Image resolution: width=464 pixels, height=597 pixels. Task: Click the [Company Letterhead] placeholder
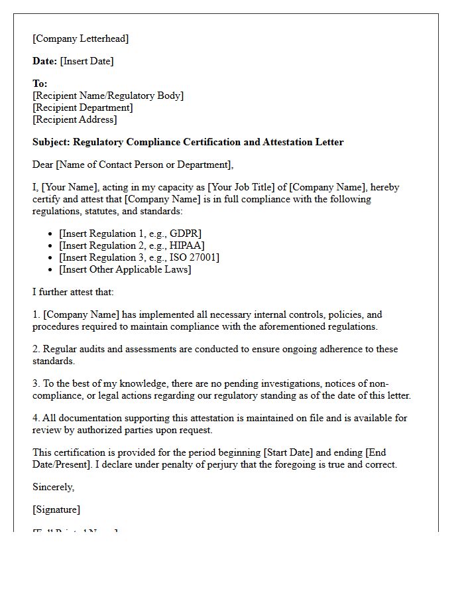81,38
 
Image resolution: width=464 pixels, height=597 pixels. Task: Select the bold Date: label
45,61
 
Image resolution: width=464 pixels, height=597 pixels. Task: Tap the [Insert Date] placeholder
87,61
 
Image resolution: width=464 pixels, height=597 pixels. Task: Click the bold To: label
40,84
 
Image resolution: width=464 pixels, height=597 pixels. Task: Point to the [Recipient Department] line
83,107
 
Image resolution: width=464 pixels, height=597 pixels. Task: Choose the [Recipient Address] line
75,119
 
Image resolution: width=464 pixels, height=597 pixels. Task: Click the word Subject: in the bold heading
52,142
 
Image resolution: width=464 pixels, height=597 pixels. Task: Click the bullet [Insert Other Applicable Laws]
125,269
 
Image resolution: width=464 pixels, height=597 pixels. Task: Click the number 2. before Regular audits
36,349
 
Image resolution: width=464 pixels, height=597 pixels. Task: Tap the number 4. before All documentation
36,418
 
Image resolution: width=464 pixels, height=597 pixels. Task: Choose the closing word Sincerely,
54,487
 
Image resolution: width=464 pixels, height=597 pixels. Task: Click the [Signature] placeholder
56,509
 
